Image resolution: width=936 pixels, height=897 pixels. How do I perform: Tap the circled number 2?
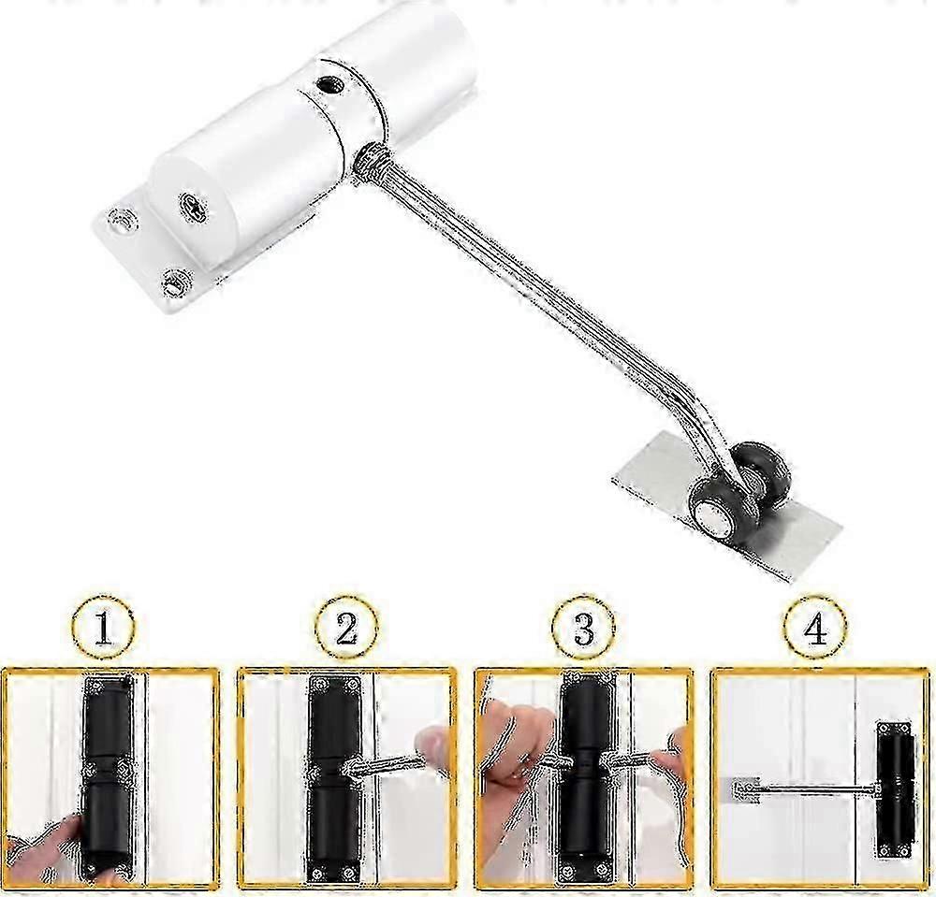(347, 627)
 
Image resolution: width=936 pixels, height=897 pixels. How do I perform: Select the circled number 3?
(584, 627)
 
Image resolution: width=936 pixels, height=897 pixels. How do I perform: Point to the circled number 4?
(815, 627)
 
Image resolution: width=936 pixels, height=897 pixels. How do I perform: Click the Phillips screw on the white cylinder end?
(194, 208)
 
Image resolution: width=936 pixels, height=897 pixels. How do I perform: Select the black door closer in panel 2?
(335, 778)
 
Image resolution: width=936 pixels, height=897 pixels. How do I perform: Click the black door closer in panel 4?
(894, 790)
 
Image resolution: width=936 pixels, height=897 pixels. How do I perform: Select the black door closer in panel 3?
(585, 778)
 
